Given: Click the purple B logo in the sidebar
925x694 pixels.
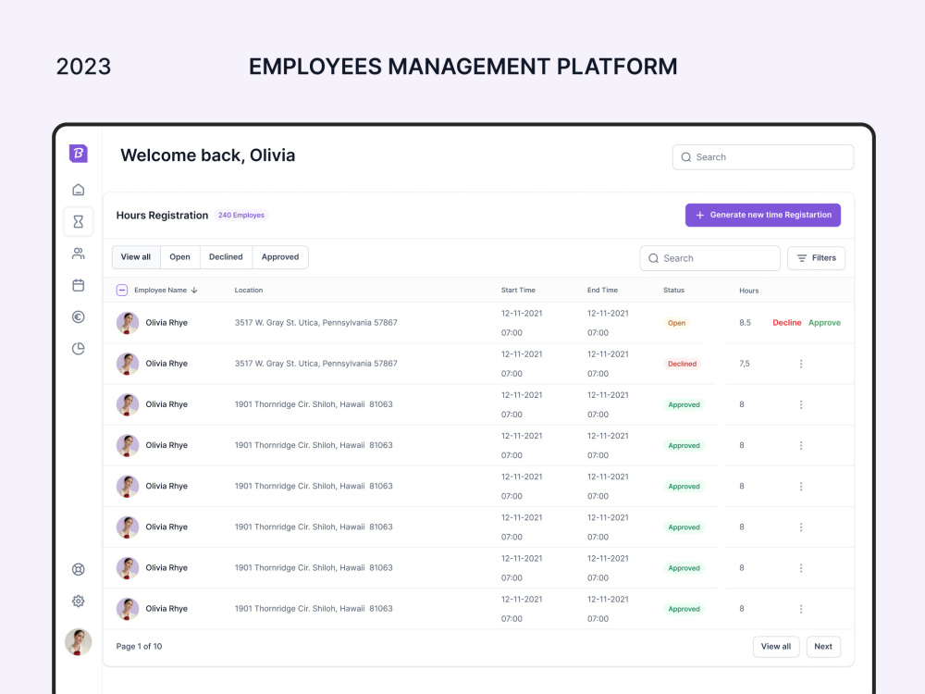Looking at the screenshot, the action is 79,154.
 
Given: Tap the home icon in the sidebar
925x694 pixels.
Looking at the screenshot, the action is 79,190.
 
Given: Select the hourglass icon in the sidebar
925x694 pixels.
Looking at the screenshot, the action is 79,221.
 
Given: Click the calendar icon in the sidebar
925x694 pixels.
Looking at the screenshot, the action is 79,285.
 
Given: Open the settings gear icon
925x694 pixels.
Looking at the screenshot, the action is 79,601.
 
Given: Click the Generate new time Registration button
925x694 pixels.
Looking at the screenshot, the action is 763,215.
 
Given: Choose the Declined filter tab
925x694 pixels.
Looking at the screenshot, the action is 226,257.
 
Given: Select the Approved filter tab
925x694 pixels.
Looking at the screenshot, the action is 280,257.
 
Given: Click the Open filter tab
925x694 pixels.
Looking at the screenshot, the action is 180,257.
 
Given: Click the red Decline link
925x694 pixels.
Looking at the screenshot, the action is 787,323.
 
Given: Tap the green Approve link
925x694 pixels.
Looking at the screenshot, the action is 824,323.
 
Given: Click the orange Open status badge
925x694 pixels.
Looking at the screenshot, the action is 677,323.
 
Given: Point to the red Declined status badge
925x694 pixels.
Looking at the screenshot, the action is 682,364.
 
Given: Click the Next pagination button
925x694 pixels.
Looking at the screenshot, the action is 823,646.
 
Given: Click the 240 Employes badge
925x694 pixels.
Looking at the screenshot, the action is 241,215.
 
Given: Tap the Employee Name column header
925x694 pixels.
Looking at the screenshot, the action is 160,290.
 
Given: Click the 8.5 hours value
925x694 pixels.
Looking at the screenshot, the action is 745,323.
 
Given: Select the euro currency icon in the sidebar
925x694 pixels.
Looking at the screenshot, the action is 79,316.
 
